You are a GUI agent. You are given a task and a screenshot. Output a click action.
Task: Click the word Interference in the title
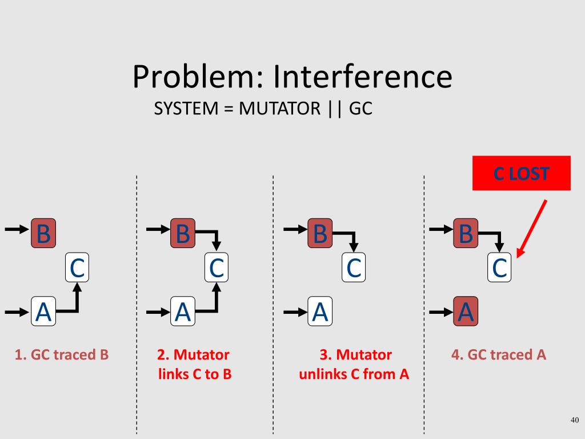click(362, 77)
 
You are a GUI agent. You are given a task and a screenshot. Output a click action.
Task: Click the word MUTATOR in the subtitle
click(280, 109)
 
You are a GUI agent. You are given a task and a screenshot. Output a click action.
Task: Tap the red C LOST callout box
click(521, 173)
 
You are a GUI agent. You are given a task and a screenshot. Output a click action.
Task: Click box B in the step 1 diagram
click(43, 233)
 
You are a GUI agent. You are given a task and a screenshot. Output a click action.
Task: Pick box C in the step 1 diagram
click(77, 267)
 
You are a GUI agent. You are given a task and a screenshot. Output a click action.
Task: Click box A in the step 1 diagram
click(43, 312)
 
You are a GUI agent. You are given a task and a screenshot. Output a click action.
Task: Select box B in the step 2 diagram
click(183, 233)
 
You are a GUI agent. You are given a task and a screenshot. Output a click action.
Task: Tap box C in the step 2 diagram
click(217, 267)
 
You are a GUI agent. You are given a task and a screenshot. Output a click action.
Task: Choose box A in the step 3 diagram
click(320, 312)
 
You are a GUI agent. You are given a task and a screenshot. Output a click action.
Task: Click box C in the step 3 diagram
click(354, 267)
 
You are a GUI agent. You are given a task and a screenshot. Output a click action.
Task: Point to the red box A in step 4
click(466, 312)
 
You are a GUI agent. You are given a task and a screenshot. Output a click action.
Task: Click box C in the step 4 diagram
click(499, 267)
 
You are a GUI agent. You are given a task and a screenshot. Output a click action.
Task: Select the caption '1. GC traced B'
click(62, 355)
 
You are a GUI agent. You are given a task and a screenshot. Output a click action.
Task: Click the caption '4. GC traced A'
click(499, 355)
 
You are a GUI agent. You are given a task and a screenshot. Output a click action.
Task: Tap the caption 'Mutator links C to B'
click(194, 365)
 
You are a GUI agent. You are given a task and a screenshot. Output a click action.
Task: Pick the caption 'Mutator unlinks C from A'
click(354, 365)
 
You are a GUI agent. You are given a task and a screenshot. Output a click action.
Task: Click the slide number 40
click(575, 421)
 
